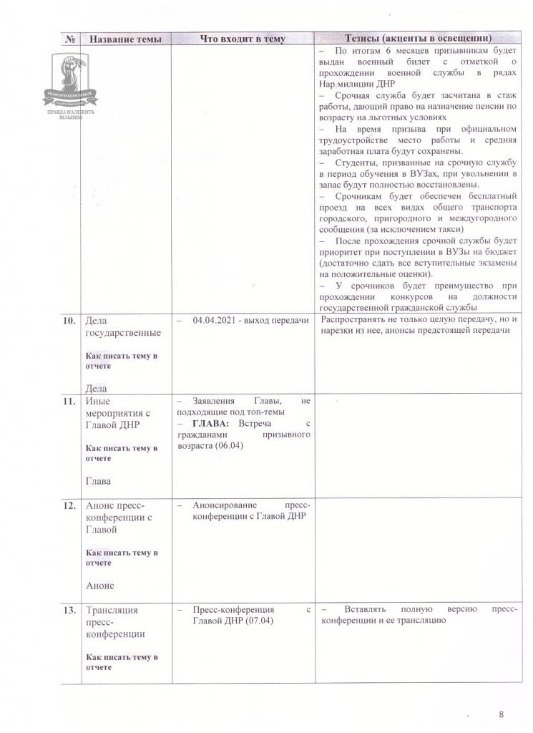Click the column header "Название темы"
click(124, 39)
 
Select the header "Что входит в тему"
click(243, 39)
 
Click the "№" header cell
click(71, 39)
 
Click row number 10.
click(69, 321)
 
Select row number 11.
click(69, 402)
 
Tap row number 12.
click(69, 505)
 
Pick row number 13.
click(69, 611)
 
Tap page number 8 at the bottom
click(501, 714)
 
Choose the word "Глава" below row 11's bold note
click(99, 481)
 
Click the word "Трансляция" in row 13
click(112, 611)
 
